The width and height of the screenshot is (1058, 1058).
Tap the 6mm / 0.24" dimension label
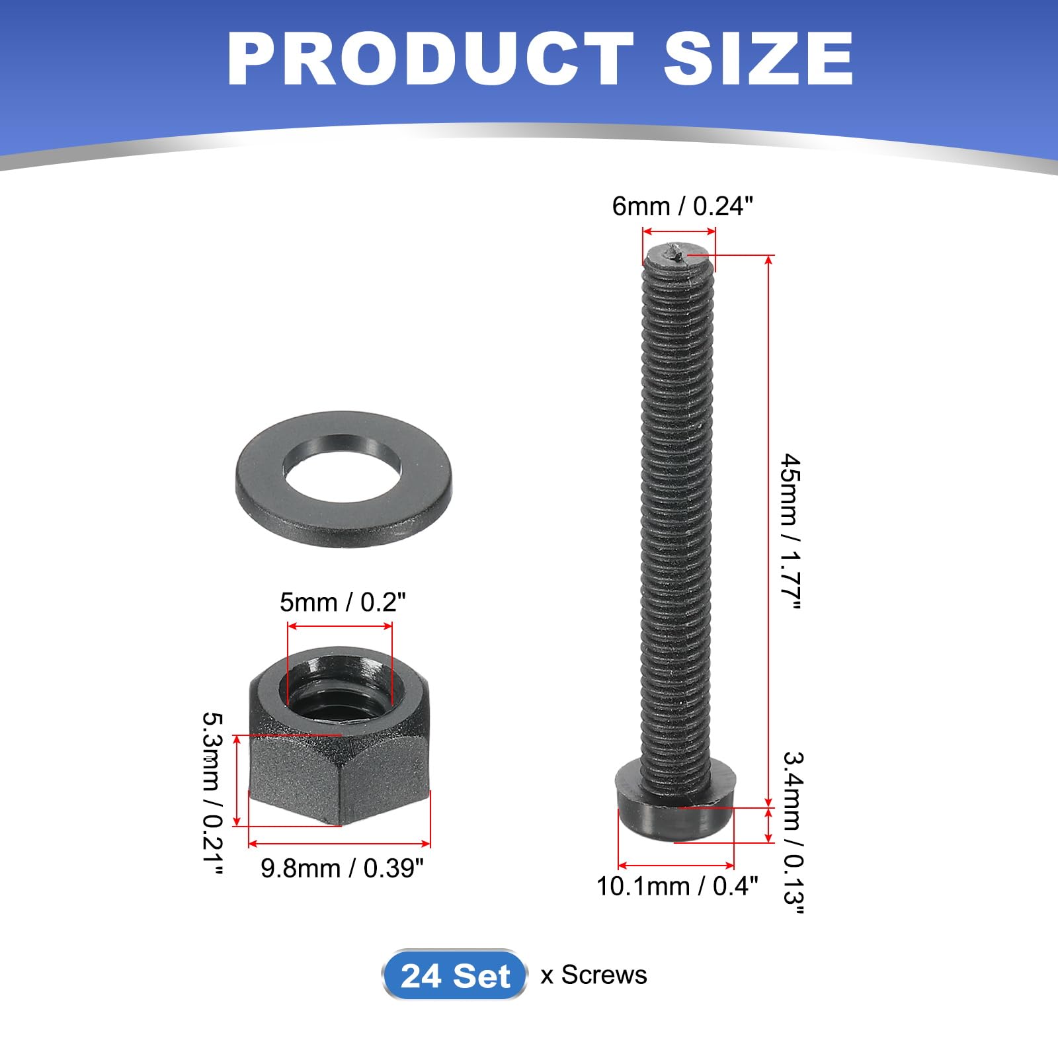coord(682,206)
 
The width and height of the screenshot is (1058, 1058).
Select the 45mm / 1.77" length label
coord(791,532)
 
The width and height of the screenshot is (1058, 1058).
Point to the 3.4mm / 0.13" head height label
coord(793,833)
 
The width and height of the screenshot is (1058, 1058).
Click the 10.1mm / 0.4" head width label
coord(677,886)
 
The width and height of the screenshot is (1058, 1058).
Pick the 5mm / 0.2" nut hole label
coord(343,602)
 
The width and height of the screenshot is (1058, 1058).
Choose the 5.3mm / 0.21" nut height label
coord(212,793)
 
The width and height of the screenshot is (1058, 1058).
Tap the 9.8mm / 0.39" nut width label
coord(342,868)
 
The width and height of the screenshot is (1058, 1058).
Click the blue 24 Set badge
coord(455,975)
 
